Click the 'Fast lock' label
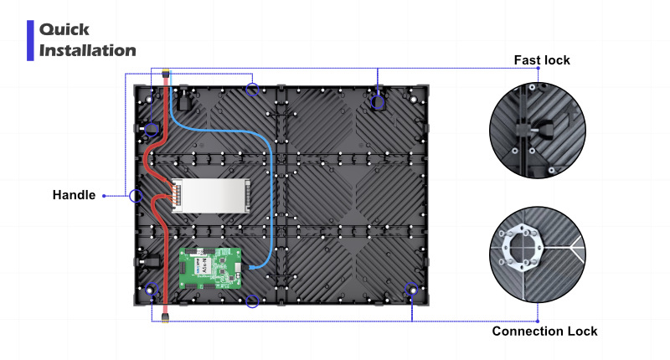pyautogui.click(x=541, y=60)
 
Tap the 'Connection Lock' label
pyautogui.click(x=544, y=332)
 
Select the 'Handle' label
pyautogui.click(x=74, y=195)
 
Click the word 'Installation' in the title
pyautogui.click(x=88, y=50)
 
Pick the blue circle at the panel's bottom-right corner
pyautogui.click(x=412, y=291)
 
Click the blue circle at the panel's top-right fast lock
pyautogui.click(x=378, y=102)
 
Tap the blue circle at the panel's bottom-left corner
pyautogui.click(x=151, y=291)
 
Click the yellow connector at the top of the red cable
pyautogui.click(x=166, y=73)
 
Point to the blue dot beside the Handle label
pyautogui.click(x=104, y=196)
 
